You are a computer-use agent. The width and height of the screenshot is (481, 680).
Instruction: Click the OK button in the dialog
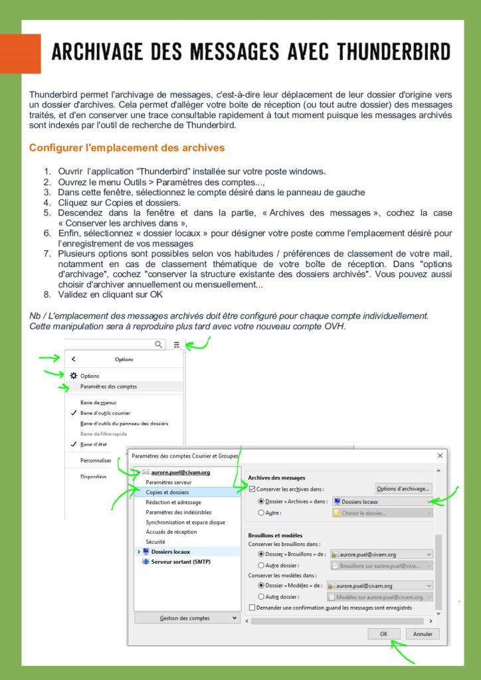[x=384, y=634]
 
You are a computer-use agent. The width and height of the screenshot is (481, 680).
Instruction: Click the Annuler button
[x=423, y=634]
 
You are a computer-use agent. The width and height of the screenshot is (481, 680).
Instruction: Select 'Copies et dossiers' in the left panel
[x=167, y=492]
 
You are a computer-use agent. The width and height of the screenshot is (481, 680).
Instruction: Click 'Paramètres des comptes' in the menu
[x=108, y=386]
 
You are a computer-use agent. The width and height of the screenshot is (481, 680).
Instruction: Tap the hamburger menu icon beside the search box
[x=177, y=345]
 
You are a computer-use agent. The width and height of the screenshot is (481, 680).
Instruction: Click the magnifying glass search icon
[x=158, y=345]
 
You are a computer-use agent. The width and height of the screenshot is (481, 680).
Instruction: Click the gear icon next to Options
[x=74, y=376]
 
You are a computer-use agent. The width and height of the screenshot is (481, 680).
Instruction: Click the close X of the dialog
[x=440, y=456]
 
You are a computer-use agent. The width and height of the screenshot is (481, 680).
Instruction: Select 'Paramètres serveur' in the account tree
[x=169, y=482]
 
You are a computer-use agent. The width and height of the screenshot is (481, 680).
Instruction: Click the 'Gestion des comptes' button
[x=187, y=618]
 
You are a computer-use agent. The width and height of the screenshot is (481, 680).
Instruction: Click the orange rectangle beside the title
[x=20, y=54]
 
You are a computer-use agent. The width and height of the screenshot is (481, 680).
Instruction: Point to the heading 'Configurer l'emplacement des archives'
[x=127, y=147]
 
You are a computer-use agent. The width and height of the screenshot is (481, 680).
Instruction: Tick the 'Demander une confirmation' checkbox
[x=252, y=607]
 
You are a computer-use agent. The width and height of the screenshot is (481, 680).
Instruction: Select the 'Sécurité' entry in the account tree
[x=155, y=542]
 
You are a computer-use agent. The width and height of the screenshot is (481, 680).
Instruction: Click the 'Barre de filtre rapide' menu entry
[x=103, y=433]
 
